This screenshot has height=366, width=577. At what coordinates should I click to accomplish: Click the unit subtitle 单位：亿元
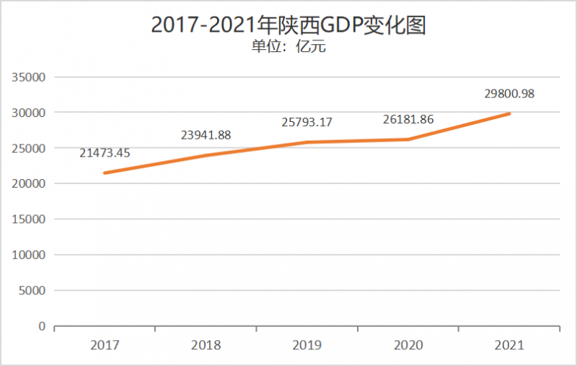(288, 47)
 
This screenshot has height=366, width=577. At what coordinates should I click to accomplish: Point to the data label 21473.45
(105, 152)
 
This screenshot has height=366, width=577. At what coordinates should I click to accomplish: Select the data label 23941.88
(206, 134)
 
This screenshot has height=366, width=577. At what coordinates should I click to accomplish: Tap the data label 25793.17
(307, 122)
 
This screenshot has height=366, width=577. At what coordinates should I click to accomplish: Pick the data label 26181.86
(408, 119)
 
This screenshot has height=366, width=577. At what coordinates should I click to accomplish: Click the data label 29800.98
(508, 93)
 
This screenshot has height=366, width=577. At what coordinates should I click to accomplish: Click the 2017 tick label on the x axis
(105, 345)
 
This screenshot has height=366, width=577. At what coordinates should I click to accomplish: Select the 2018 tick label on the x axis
(206, 345)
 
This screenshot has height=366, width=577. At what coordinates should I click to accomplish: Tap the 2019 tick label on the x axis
(307, 345)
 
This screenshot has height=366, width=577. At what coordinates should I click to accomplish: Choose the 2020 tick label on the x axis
(408, 345)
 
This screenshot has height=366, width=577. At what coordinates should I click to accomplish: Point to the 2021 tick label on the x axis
(509, 345)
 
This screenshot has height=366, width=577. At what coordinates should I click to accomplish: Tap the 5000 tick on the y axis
(33, 291)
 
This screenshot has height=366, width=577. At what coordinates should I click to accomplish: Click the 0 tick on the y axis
(42, 326)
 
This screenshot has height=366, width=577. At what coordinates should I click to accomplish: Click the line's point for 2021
(509, 113)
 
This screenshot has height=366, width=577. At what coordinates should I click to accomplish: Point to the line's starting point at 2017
(105, 173)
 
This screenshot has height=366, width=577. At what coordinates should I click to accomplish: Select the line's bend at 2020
(408, 139)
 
